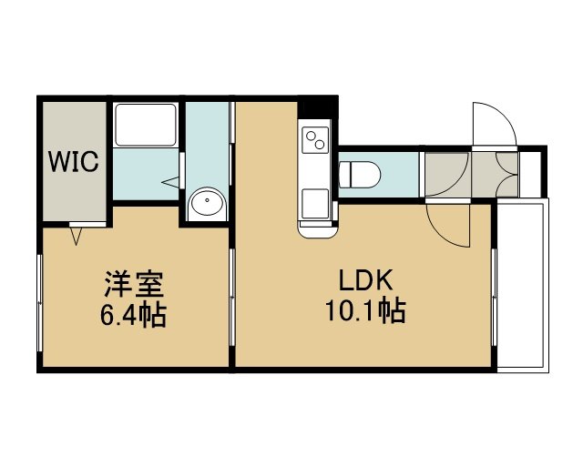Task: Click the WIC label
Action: pos(74,161)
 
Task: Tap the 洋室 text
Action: pos(134,284)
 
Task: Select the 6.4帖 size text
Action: pos(133,315)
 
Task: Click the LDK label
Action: pos(365,280)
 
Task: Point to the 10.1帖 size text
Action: pos(365,310)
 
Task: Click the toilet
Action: pos(360,174)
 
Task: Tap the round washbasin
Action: pos(207,203)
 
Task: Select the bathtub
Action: pos(146,125)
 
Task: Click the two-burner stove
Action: pos(315,140)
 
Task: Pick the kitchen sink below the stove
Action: pos(315,204)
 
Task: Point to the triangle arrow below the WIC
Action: pos(77,237)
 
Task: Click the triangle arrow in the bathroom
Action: pos(170,182)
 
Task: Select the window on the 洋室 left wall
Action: pos(39,303)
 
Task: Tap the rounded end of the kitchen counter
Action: pos(318,232)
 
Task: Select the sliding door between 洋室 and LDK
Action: pos(232,298)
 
